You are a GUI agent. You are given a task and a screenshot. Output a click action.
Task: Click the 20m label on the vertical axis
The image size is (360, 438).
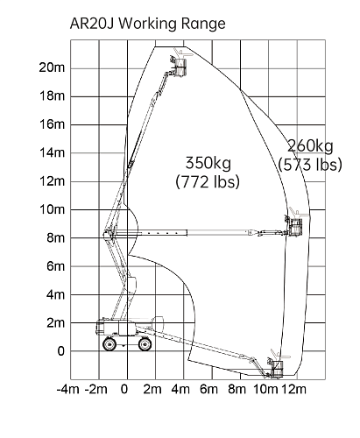(x=52, y=67)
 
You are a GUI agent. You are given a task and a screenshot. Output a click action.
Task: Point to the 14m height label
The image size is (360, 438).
(x=52, y=152)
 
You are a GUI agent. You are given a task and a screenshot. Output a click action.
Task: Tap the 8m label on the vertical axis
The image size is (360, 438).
(x=55, y=238)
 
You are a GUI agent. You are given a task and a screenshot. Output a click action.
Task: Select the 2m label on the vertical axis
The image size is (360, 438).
(x=55, y=323)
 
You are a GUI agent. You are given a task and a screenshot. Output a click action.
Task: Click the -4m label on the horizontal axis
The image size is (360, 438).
(x=68, y=389)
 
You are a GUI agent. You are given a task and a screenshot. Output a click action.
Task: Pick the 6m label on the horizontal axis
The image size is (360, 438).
(x=208, y=389)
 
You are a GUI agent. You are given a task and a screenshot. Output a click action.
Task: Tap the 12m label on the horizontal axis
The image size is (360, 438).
(x=293, y=389)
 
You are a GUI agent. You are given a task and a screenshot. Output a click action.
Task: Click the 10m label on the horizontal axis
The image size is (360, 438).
(x=265, y=389)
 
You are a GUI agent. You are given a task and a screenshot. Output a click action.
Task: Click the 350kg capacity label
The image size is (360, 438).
(x=208, y=163)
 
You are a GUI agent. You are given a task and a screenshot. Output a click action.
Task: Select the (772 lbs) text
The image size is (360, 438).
(x=208, y=181)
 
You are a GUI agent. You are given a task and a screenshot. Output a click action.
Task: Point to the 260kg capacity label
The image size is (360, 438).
(x=310, y=146)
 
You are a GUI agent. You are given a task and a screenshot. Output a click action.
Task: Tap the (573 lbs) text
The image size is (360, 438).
(x=310, y=165)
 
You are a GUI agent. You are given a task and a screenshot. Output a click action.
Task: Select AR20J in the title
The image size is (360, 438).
(x=92, y=24)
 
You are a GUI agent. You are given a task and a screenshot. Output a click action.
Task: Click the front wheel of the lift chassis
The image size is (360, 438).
(x=145, y=343)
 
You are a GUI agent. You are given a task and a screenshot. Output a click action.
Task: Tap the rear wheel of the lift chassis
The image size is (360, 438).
(x=109, y=343)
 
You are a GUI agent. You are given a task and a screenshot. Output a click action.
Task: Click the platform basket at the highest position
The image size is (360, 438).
(x=180, y=67)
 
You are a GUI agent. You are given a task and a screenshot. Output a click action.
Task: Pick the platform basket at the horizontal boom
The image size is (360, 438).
(x=295, y=227)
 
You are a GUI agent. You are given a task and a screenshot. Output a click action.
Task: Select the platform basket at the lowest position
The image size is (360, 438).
(x=277, y=369)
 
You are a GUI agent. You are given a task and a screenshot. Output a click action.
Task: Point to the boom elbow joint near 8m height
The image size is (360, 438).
(x=109, y=234)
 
